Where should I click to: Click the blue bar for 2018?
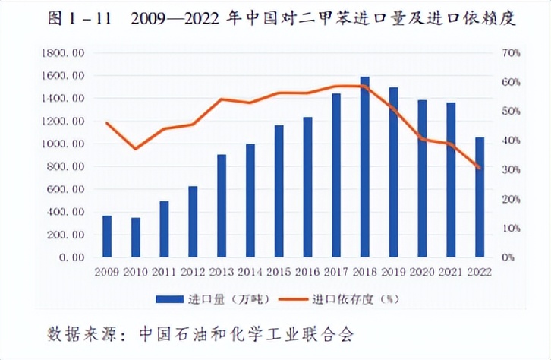click(x=364, y=167)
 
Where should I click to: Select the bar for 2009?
click(x=107, y=236)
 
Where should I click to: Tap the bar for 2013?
click(x=222, y=206)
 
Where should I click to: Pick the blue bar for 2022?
click(x=479, y=197)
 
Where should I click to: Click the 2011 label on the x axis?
click(x=164, y=270)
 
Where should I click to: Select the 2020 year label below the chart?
click(x=422, y=270)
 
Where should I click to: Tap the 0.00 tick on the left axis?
click(x=71, y=257)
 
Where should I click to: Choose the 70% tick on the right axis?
click(x=510, y=53)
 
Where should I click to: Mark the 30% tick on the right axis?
click(x=510, y=169)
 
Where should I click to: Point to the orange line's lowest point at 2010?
click(x=136, y=148)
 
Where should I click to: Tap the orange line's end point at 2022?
click(x=479, y=168)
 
